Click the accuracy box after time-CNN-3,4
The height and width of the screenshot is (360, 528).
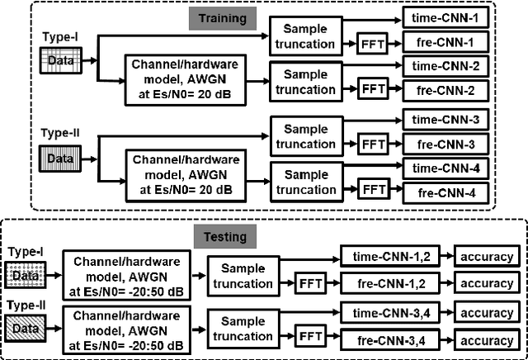[487, 314]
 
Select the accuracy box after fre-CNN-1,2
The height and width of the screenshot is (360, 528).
[487, 282]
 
